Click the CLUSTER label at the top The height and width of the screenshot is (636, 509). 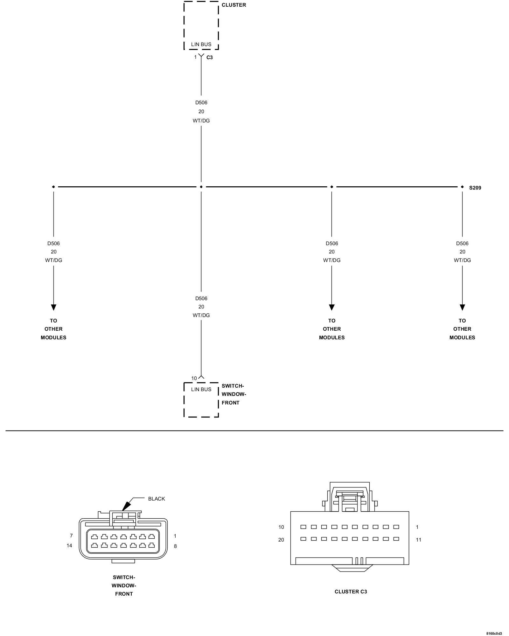[234, 5]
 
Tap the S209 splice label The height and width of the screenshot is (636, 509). [475, 188]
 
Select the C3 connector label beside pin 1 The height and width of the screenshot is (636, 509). [210, 58]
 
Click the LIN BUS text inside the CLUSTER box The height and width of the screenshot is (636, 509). [201, 45]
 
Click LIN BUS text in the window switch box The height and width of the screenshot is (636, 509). [201, 390]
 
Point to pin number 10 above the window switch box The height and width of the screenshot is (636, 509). [194, 378]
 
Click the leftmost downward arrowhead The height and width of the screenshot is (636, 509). [53, 308]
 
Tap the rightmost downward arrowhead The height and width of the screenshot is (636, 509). [462, 308]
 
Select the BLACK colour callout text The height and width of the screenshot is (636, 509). [157, 499]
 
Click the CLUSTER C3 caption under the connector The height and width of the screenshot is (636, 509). [351, 592]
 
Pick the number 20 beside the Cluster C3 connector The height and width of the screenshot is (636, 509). [281, 540]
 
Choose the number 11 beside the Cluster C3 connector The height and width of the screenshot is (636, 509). [418, 540]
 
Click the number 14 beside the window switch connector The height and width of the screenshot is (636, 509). [69, 546]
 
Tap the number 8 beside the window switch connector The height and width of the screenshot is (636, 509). [175, 546]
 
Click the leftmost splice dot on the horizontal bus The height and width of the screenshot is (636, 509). [53, 187]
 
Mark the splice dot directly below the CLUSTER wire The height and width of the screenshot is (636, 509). [201, 187]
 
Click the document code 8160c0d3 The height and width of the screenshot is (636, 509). [494, 634]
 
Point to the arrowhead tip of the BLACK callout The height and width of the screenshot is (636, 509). [122, 511]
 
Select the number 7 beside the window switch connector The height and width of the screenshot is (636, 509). [72, 536]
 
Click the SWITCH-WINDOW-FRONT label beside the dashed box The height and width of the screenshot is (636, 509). [234, 394]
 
